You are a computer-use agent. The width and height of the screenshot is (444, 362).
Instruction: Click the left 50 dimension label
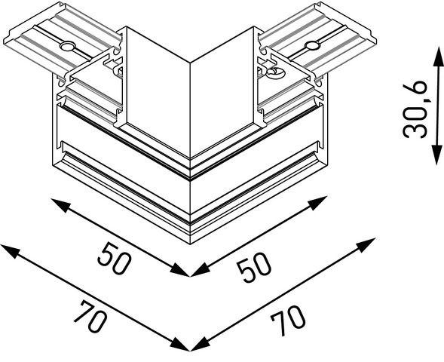[x=115, y=258]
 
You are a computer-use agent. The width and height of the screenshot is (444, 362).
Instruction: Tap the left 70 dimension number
[x=90, y=317]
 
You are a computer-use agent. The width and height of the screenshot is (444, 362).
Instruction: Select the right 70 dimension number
[x=288, y=321]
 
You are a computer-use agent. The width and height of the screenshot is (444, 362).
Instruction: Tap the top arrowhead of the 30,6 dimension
[x=438, y=56]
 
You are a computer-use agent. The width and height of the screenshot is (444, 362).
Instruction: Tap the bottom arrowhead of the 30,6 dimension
[x=437, y=155]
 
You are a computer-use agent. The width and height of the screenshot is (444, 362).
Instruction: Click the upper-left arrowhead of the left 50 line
[x=60, y=205]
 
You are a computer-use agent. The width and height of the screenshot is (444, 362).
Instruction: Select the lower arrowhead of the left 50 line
[x=180, y=270]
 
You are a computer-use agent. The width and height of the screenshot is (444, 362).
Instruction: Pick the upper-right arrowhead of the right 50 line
[x=317, y=202]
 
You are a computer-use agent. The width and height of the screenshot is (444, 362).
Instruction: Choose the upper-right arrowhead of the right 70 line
[x=366, y=245]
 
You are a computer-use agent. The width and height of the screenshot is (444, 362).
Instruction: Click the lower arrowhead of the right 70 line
[x=201, y=344]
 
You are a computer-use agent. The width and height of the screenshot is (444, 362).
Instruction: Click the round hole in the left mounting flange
[x=67, y=46]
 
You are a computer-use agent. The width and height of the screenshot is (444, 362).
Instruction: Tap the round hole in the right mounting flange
[x=312, y=45]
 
